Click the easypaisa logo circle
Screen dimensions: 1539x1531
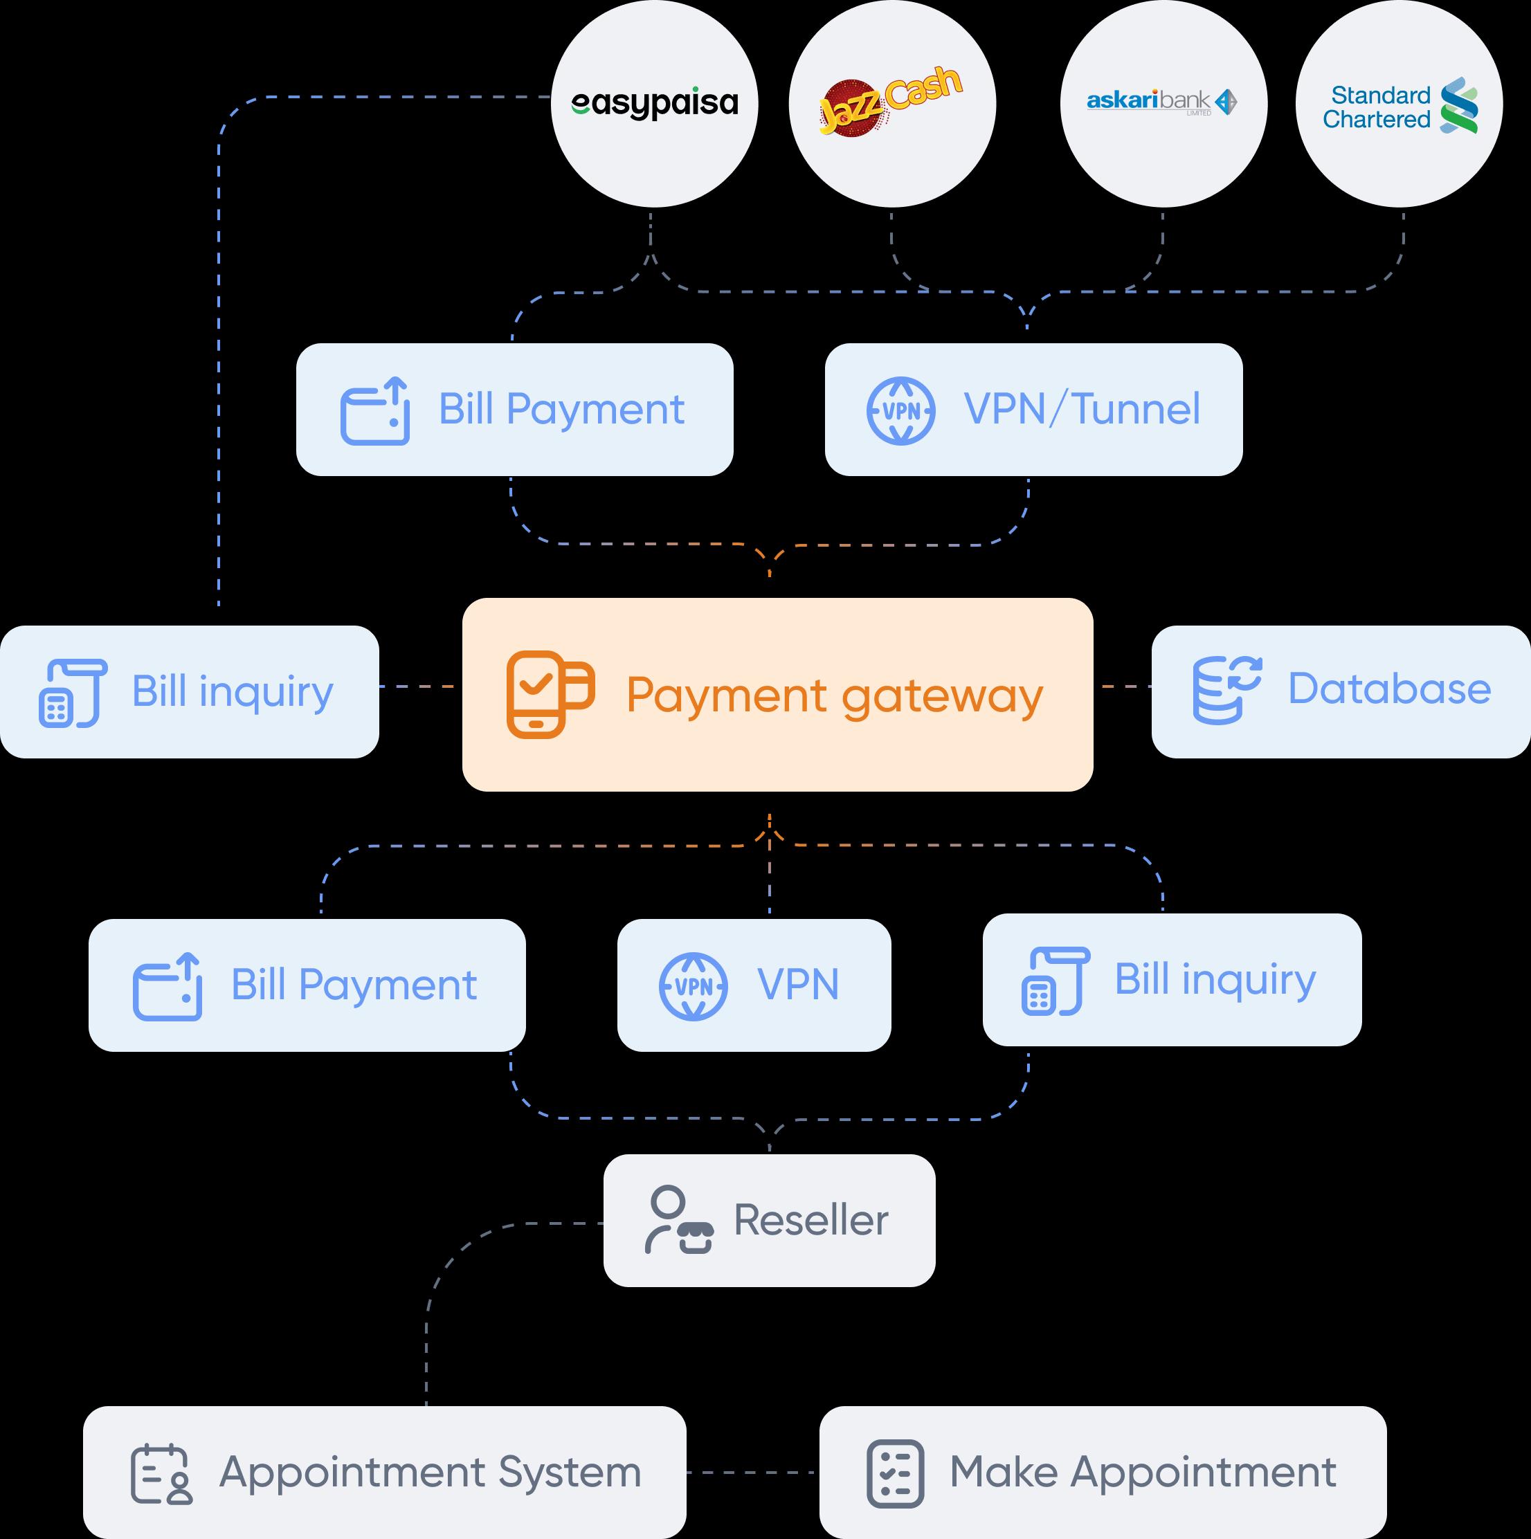[654, 104]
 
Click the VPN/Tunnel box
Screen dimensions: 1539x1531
[1033, 410]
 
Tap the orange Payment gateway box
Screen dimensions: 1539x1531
[777, 695]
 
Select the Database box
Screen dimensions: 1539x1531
[1341, 691]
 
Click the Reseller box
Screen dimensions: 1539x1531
[769, 1219]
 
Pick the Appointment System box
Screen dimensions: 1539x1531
[384, 1471]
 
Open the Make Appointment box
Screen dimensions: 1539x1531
[1103, 1471]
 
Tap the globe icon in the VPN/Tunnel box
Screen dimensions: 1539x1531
[901, 411]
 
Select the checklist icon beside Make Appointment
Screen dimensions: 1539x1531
[894, 1473]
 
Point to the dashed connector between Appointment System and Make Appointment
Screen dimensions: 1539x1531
[752, 1472]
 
